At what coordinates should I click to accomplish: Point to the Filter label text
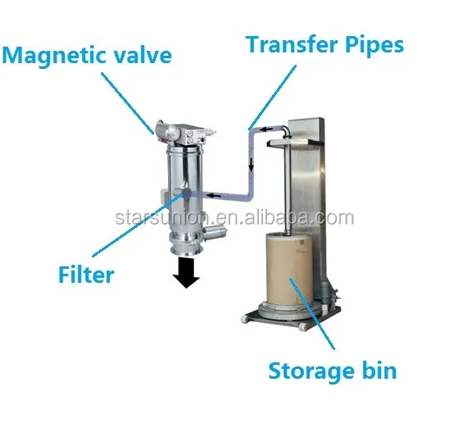pyautogui.click(x=86, y=274)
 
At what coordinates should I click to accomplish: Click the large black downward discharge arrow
pyautogui.click(x=187, y=273)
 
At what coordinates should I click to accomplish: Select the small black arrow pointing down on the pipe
pyautogui.click(x=251, y=165)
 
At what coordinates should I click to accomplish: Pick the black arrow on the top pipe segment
pyautogui.click(x=267, y=130)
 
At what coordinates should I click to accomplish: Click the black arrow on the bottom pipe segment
pyautogui.click(x=214, y=195)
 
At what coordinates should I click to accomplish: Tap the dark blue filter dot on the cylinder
pyautogui.click(x=187, y=193)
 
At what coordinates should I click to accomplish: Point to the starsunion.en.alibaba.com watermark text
pyautogui.click(x=234, y=218)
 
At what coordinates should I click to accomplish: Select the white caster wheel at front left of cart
pyautogui.click(x=243, y=320)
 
